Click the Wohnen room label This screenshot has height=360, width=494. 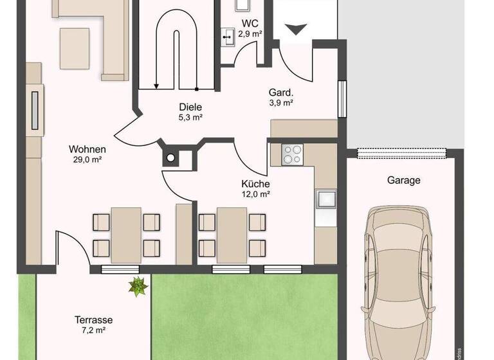click(x=87, y=150)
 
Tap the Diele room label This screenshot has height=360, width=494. click(x=190, y=107)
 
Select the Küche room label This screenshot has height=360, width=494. click(x=255, y=183)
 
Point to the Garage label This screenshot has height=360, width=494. click(x=403, y=180)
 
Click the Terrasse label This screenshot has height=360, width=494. click(x=94, y=319)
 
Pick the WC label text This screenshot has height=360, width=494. click(x=248, y=24)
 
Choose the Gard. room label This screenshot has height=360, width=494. click(x=281, y=91)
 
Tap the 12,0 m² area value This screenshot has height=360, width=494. click(x=255, y=194)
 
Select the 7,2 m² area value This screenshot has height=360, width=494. click(x=94, y=330)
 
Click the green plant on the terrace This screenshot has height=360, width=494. click(x=137, y=285)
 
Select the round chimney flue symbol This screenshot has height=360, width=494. click(x=171, y=157)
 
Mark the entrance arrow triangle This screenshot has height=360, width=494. click(x=296, y=29)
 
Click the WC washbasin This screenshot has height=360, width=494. click(x=229, y=37)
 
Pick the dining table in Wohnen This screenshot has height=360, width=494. click(x=126, y=235)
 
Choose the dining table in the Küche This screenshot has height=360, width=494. click(x=232, y=235)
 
